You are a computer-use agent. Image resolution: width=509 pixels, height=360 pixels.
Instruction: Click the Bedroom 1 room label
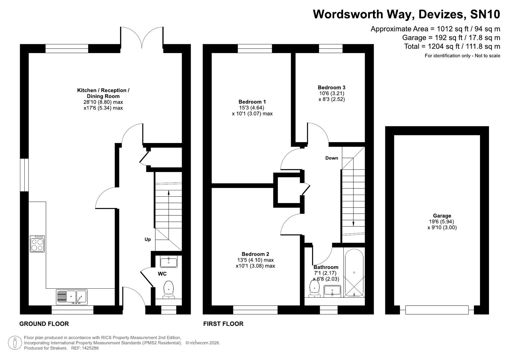pyautogui.click(x=252, y=102)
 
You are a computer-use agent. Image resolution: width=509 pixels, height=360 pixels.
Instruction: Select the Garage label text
pyautogui.click(x=442, y=216)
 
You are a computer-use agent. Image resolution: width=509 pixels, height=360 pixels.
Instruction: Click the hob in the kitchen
pyautogui.click(x=37, y=244)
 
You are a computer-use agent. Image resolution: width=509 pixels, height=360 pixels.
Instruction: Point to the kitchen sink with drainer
pyautogui.click(x=72, y=297)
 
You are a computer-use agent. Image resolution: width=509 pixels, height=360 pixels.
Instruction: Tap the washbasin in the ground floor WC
pyautogui.click(x=169, y=262)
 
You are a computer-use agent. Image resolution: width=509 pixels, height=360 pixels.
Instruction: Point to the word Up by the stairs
pyautogui.click(x=148, y=239)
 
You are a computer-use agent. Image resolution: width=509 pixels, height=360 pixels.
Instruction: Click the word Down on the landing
pyautogui.click(x=332, y=158)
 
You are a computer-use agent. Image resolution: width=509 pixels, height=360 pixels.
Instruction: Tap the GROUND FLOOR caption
pyautogui.click(x=44, y=324)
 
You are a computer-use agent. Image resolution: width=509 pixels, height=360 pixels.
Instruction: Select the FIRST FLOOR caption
pyautogui.click(x=223, y=324)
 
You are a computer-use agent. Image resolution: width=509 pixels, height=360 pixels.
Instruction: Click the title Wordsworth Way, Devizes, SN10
pyautogui.click(x=406, y=14)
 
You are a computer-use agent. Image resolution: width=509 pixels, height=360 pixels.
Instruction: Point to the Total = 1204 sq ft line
pyautogui.click(x=452, y=46)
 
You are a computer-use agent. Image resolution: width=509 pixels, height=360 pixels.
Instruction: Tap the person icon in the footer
pyautogui.click(x=15, y=343)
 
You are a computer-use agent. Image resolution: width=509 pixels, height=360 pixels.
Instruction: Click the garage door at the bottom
pyautogui.click(x=437, y=310)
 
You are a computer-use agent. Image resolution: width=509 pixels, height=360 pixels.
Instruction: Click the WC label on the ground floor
pyautogui.click(x=162, y=274)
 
